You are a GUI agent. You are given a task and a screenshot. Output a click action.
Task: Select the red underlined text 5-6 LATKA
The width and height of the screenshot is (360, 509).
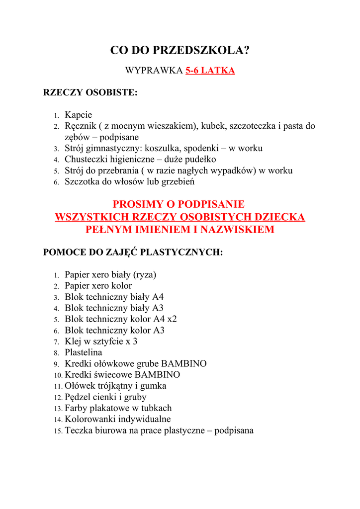(x=210, y=71)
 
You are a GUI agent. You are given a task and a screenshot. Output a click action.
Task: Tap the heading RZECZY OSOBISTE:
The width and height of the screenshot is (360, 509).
(x=90, y=92)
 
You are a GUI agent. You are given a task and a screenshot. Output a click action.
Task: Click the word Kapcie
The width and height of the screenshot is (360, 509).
(x=78, y=115)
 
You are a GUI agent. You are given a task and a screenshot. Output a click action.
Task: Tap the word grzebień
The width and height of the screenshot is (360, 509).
(x=178, y=181)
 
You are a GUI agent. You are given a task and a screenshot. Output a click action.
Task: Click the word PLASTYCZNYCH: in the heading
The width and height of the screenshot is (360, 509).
(x=181, y=252)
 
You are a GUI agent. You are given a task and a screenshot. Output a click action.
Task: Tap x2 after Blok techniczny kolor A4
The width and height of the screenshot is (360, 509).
(x=172, y=319)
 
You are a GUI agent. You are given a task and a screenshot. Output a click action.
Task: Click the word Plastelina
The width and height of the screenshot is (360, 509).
(x=84, y=352)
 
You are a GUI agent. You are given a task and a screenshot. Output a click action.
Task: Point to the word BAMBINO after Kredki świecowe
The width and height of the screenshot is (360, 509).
(x=157, y=375)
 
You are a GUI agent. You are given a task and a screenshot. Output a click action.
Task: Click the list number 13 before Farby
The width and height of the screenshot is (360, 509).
(x=58, y=409)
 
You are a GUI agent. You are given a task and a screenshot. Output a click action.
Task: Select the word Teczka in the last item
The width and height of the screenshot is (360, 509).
(x=79, y=430)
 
